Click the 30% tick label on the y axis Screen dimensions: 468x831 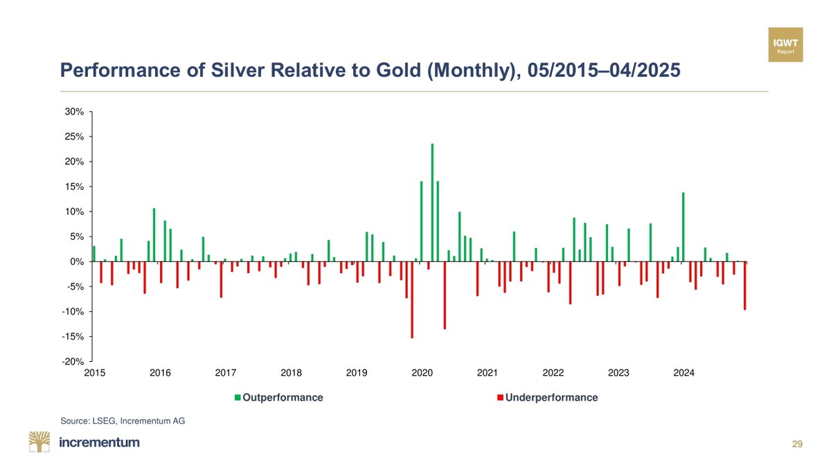click(x=75, y=112)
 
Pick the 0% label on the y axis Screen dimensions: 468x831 click(x=77, y=261)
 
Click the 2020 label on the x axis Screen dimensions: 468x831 click(x=422, y=373)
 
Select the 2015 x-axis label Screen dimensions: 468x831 click(x=94, y=373)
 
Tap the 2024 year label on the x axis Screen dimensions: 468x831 click(x=683, y=373)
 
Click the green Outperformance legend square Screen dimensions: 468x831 click(x=237, y=398)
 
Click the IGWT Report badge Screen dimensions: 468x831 click(x=786, y=44)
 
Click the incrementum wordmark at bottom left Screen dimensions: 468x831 click(x=100, y=442)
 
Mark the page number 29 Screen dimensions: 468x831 click(x=797, y=444)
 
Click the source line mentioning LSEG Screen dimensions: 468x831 click(x=123, y=420)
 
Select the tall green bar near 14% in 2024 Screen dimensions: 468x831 click(x=683, y=227)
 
